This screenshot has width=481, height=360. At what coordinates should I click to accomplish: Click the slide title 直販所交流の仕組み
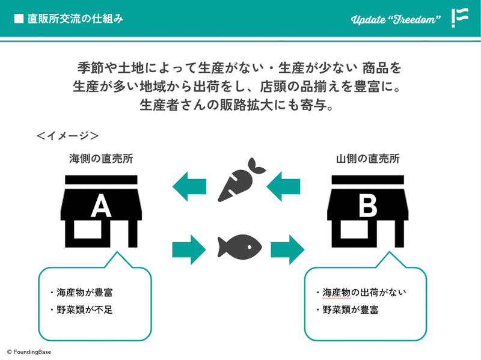click(x=75, y=19)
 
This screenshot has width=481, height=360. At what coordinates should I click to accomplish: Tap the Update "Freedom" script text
click(x=396, y=20)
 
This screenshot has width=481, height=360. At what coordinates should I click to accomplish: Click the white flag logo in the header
click(x=460, y=18)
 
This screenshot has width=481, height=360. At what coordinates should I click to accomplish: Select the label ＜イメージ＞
click(x=67, y=136)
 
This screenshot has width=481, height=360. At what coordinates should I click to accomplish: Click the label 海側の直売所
click(x=101, y=159)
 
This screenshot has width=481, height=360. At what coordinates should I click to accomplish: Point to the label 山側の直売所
click(x=368, y=159)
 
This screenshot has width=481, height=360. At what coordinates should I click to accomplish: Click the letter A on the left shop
click(x=101, y=206)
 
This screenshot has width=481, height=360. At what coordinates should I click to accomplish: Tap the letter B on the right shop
click(x=368, y=206)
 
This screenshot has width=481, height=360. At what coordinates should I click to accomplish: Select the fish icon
click(x=239, y=247)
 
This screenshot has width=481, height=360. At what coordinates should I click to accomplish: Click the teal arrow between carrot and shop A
click(x=189, y=186)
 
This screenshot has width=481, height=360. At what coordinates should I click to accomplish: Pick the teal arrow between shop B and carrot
click(x=283, y=186)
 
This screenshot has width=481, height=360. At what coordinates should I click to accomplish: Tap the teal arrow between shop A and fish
click(x=189, y=249)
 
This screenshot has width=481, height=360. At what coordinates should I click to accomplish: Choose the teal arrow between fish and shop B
click(x=287, y=249)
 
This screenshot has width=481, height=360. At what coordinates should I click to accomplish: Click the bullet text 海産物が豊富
click(x=84, y=293)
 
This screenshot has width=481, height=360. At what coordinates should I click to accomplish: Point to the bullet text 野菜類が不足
click(x=84, y=310)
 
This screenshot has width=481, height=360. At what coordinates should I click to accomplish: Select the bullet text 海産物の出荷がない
click(x=364, y=293)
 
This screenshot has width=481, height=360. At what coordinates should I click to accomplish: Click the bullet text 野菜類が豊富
click(x=351, y=310)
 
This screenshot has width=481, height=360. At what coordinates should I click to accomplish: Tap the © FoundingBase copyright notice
click(x=29, y=352)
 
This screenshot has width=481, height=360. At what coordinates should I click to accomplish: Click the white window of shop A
click(x=88, y=230)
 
